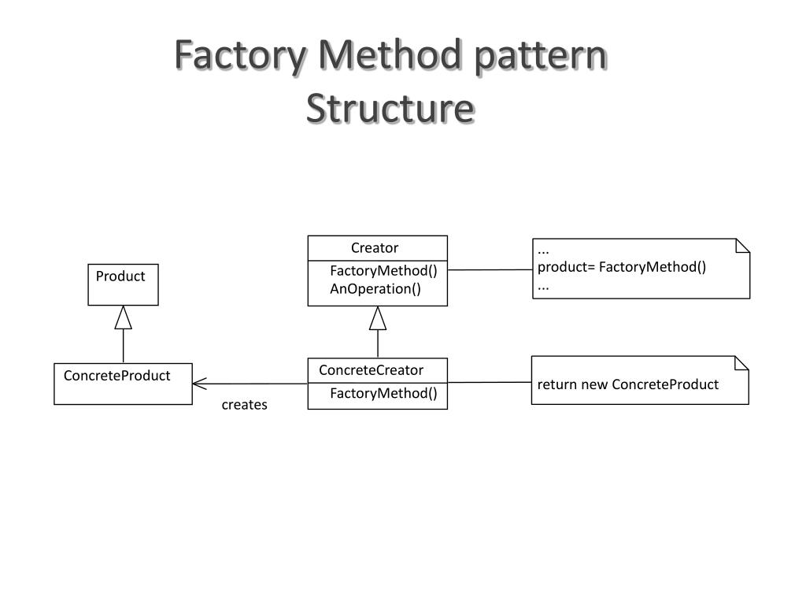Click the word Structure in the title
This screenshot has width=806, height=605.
coord(390,108)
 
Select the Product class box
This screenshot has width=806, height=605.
coord(122,284)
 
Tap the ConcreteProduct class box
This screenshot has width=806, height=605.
coord(123,384)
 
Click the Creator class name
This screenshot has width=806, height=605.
coord(375,248)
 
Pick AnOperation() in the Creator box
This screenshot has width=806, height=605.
coord(375,289)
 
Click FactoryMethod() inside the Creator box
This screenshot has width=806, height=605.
coord(383,271)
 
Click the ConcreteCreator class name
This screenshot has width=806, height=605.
coord(371,370)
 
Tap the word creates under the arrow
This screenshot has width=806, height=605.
coord(244,405)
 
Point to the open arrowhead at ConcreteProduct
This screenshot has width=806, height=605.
coord(198,384)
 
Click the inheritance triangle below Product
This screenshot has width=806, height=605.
coord(123,317)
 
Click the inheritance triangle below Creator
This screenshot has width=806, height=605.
coord(378,318)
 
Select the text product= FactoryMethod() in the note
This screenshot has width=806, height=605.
coord(622,267)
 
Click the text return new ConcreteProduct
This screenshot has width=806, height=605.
coord(628,385)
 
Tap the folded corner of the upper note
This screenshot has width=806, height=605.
coord(741,245)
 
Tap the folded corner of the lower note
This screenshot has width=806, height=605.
coord(741,363)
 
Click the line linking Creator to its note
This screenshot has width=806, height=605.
coord(490,270)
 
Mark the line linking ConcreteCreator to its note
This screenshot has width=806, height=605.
coord(490,383)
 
